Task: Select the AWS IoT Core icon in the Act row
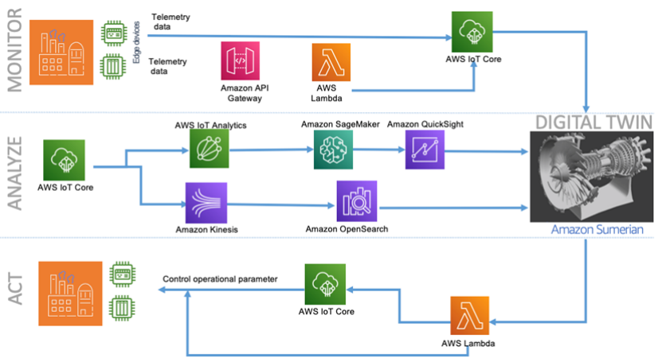[326, 285]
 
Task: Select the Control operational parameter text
[220, 279]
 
